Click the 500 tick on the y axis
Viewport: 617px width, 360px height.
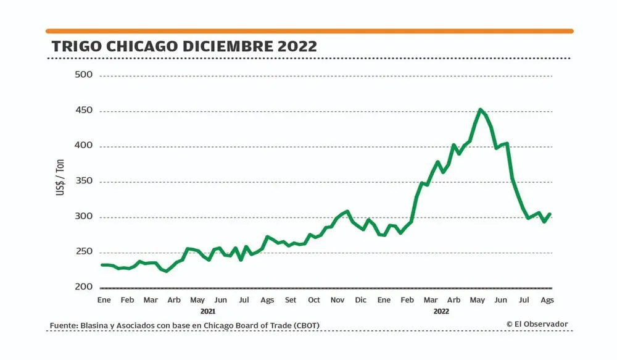tap(83, 75)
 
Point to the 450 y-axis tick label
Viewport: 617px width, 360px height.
tap(83, 111)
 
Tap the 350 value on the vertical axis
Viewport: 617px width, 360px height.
tap(83, 182)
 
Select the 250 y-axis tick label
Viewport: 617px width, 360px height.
tap(83, 252)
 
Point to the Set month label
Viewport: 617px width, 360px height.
tap(291, 300)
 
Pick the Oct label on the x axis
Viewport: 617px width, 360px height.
tap(314, 300)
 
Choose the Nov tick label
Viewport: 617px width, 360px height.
tap(337, 300)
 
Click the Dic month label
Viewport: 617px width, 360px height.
tap(361, 300)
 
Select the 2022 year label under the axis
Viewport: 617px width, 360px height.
tap(441, 311)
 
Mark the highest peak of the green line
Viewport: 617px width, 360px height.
tap(480, 110)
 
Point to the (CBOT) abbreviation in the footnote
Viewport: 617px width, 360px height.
tap(303, 325)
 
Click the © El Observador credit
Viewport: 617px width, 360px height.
tap(537, 324)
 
